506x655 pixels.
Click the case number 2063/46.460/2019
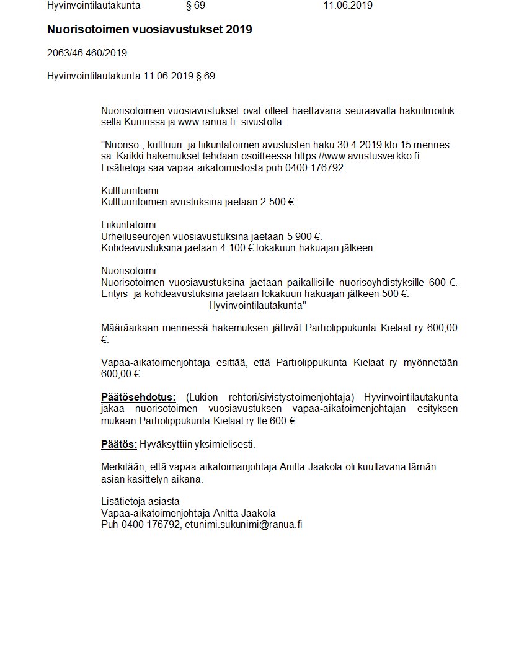click(x=87, y=53)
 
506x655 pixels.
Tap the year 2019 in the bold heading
click(x=239, y=29)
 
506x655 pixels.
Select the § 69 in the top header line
click(x=195, y=6)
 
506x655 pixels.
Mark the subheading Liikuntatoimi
click(x=128, y=225)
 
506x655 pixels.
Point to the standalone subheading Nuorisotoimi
click(x=128, y=270)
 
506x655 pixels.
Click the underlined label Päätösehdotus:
click(x=138, y=397)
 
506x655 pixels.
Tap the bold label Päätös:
click(x=118, y=445)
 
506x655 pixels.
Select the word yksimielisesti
click(x=224, y=445)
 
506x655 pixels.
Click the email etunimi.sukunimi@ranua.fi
click(x=243, y=525)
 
